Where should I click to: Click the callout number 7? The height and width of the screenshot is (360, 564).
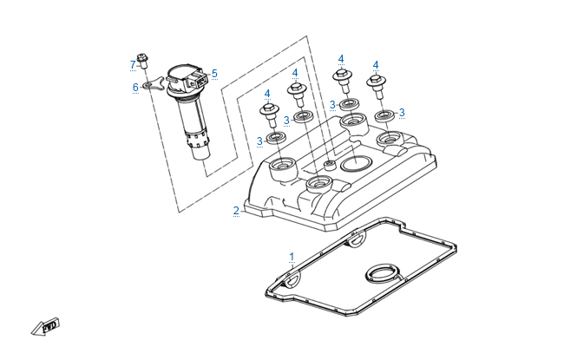pyautogui.click(x=133, y=65)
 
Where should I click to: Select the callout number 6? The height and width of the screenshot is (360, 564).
pyautogui.click(x=135, y=87)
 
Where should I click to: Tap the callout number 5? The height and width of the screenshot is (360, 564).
pyautogui.click(x=214, y=74)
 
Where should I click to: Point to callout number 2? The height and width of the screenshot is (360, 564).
pyautogui.click(x=236, y=211)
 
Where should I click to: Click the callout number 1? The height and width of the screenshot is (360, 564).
pyautogui.click(x=292, y=257)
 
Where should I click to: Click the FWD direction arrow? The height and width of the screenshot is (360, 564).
pyautogui.click(x=45, y=327)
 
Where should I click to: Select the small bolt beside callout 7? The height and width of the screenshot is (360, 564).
pyautogui.click(x=142, y=61)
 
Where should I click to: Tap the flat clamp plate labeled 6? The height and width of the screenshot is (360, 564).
pyautogui.click(x=154, y=84)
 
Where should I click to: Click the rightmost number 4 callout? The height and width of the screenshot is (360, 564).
pyautogui.click(x=376, y=65)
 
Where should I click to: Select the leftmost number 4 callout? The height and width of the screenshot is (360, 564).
pyautogui.click(x=267, y=94)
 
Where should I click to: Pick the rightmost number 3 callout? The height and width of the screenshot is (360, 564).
pyautogui.click(x=402, y=113)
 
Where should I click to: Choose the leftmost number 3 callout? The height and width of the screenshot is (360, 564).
pyautogui.click(x=259, y=141)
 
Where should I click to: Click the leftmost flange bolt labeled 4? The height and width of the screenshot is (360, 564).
pyautogui.click(x=269, y=115)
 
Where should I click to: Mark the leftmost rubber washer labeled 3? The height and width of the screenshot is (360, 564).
pyautogui.click(x=276, y=138)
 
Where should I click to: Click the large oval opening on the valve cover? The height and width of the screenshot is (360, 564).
pyautogui.click(x=355, y=164)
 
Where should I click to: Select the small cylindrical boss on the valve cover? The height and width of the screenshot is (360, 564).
pyautogui.click(x=329, y=166)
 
